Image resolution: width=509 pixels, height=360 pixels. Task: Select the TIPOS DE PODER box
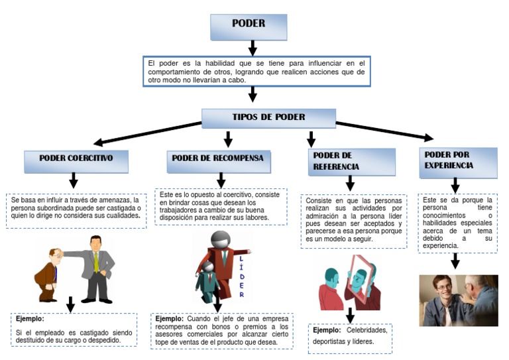click(269, 118)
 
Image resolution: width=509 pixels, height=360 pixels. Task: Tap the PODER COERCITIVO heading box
click(76, 160)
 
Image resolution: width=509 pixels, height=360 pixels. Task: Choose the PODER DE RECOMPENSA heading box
click(217, 160)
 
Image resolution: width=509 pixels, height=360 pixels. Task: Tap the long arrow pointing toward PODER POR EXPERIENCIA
click(384, 131)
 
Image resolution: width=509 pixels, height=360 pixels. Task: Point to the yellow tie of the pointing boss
click(96, 261)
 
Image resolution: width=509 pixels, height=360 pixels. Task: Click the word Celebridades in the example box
click(366, 330)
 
